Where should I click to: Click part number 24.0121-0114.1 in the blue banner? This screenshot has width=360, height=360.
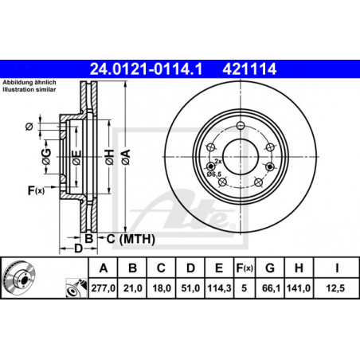pyautogui.click(x=146, y=68)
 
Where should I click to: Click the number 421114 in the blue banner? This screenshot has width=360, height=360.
pyautogui.click(x=249, y=68)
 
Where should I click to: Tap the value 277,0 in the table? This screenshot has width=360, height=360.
pyautogui.click(x=104, y=288)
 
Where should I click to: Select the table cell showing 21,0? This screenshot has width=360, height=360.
pyautogui.click(x=133, y=288)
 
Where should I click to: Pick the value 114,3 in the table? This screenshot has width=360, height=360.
pyautogui.click(x=219, y=288)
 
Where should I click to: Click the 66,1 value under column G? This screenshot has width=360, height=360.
pyautogui.click(x=271, y=288)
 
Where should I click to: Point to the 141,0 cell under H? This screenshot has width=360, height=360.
pyautogui.click(x=299, y=288)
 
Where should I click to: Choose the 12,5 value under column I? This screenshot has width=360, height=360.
pyautogui.click(x=335, y=288)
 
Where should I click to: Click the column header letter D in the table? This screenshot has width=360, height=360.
pyautogui.click(x=190, y=268)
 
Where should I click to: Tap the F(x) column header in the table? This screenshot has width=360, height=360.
pyautogui.click(x=245, y=268)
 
